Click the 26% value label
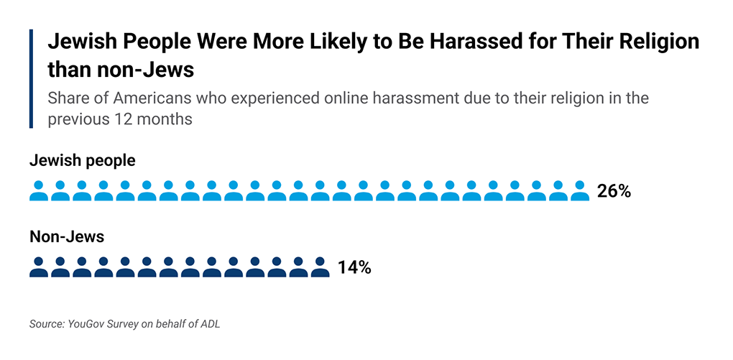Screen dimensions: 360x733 pyautogui.click(x=613, y=191)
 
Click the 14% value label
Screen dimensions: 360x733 pyautogui.click(x=354, y=268)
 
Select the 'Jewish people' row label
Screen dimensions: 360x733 pyautogui.click(x=82, y=160)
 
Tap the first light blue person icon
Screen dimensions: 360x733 pyautogui.click(x=39, y=191)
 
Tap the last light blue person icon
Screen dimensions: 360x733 pyautogui.click(x=579, y=191)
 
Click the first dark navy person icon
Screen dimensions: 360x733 pyautogui.click(x=39, y=267)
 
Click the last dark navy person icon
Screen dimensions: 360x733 pyautogui.click(x=320, y=267)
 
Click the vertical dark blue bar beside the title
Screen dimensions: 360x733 pyautogui.click(x=32, y=79)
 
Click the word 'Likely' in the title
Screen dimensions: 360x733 pyautogui.click(x=292, y=42)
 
